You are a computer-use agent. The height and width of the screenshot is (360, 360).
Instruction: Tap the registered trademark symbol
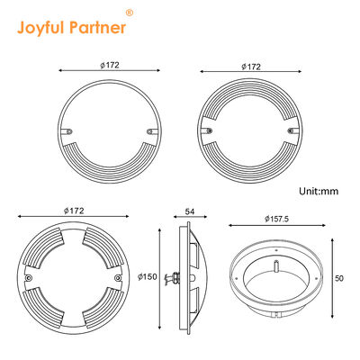(129, 13)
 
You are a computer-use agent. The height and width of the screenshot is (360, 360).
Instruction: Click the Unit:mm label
(319, 191)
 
